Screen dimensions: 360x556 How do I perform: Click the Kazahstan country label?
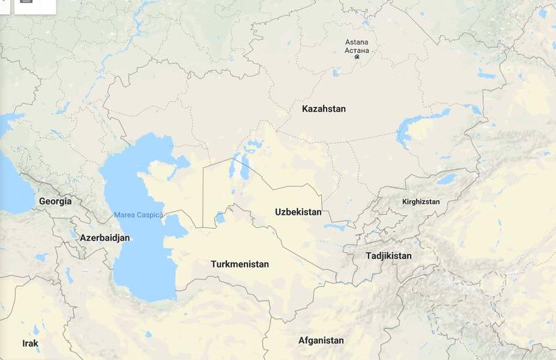point(323,109)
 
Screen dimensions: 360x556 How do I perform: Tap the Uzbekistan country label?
point(298,212)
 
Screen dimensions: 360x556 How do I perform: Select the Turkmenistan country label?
point(240,265)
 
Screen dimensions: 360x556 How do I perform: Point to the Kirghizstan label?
point(421,202)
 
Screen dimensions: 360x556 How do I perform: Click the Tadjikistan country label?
point(389,256)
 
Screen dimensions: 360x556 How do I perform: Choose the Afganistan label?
point(321,341)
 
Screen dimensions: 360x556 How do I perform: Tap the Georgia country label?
point(55,202)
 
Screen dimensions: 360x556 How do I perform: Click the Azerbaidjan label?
point(105,238)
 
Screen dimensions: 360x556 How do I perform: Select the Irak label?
point(30,344)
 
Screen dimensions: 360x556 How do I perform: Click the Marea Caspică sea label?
point(138,215)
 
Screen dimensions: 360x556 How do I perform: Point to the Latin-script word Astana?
point(358,42)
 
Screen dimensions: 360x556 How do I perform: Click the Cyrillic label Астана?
point(358,51)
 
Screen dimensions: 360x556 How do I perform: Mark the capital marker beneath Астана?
point(357,58)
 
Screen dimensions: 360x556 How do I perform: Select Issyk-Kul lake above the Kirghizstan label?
point(445,180)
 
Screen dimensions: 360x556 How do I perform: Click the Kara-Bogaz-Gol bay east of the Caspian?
point(175,224)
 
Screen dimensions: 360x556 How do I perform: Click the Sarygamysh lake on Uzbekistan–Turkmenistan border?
point(220,218)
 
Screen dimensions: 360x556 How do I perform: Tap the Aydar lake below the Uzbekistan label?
point(334,227)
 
